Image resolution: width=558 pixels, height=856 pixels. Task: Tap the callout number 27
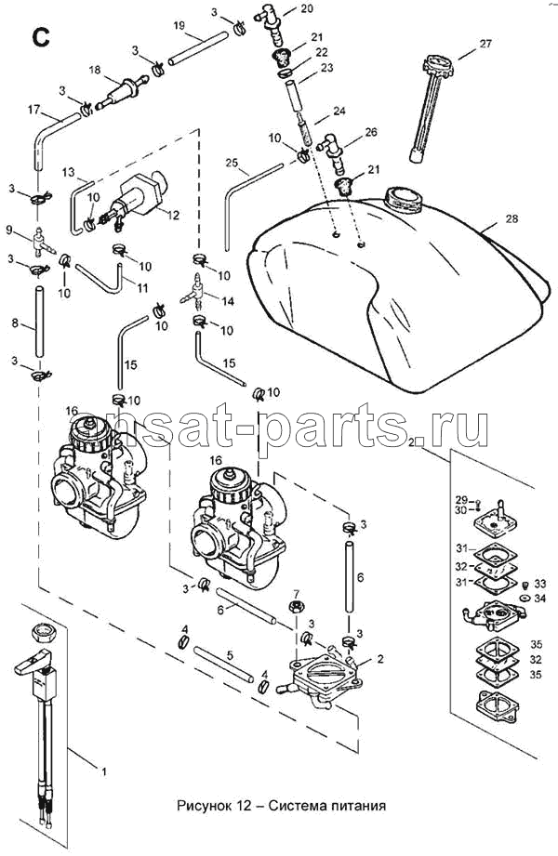(x=485, y=44)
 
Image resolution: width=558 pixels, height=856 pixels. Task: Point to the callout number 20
(x=308, y=8)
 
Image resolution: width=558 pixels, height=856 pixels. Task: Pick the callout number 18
(x=94, y=70)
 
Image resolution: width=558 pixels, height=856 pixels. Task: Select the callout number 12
(x=172, y=214)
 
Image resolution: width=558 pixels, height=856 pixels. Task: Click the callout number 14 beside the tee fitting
(x=226, y=302)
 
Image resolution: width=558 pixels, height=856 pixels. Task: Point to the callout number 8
(x=15, y=324)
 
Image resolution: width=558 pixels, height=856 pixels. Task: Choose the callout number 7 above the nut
(x=297, y=593)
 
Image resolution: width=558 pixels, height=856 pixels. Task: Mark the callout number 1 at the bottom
(x=104, y=771)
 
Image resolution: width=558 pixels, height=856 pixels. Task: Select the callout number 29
(x=459, y=500)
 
